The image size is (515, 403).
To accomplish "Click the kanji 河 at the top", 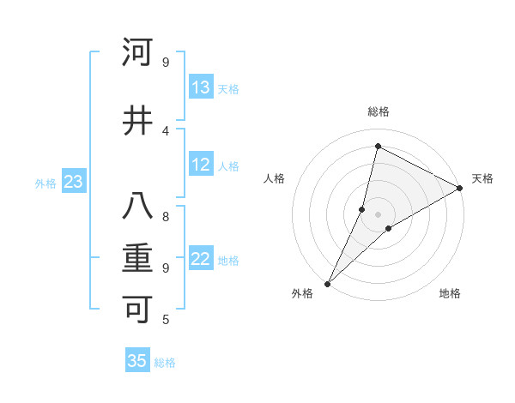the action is tap(137, 52).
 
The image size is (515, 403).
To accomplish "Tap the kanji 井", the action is tap(137, 121).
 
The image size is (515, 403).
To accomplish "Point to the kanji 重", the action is tap(137, 258).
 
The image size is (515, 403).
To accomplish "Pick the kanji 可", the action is tap(137, 309).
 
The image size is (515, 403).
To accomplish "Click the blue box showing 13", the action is tap(201, 87).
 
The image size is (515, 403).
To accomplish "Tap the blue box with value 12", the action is tap(201, 165).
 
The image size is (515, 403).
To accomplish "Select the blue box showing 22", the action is tap(201, 259).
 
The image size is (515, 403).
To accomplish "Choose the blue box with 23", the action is tap(73, 182).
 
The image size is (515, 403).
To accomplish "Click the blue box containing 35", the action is tap(137, 361).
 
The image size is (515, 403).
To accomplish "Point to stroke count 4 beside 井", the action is tap(167, 130).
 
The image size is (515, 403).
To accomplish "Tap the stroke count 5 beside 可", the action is tap(167, 320).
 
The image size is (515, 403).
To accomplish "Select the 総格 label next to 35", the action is tap(165, 363).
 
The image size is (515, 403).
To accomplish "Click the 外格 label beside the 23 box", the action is tap(45, 183).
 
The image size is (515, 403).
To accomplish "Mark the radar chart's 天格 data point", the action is tap(460, 189).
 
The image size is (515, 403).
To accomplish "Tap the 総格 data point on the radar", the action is tap(378, 146).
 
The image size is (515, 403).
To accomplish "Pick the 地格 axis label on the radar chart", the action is tap(450, 293).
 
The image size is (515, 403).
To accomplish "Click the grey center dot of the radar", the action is tap(378, 214).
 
